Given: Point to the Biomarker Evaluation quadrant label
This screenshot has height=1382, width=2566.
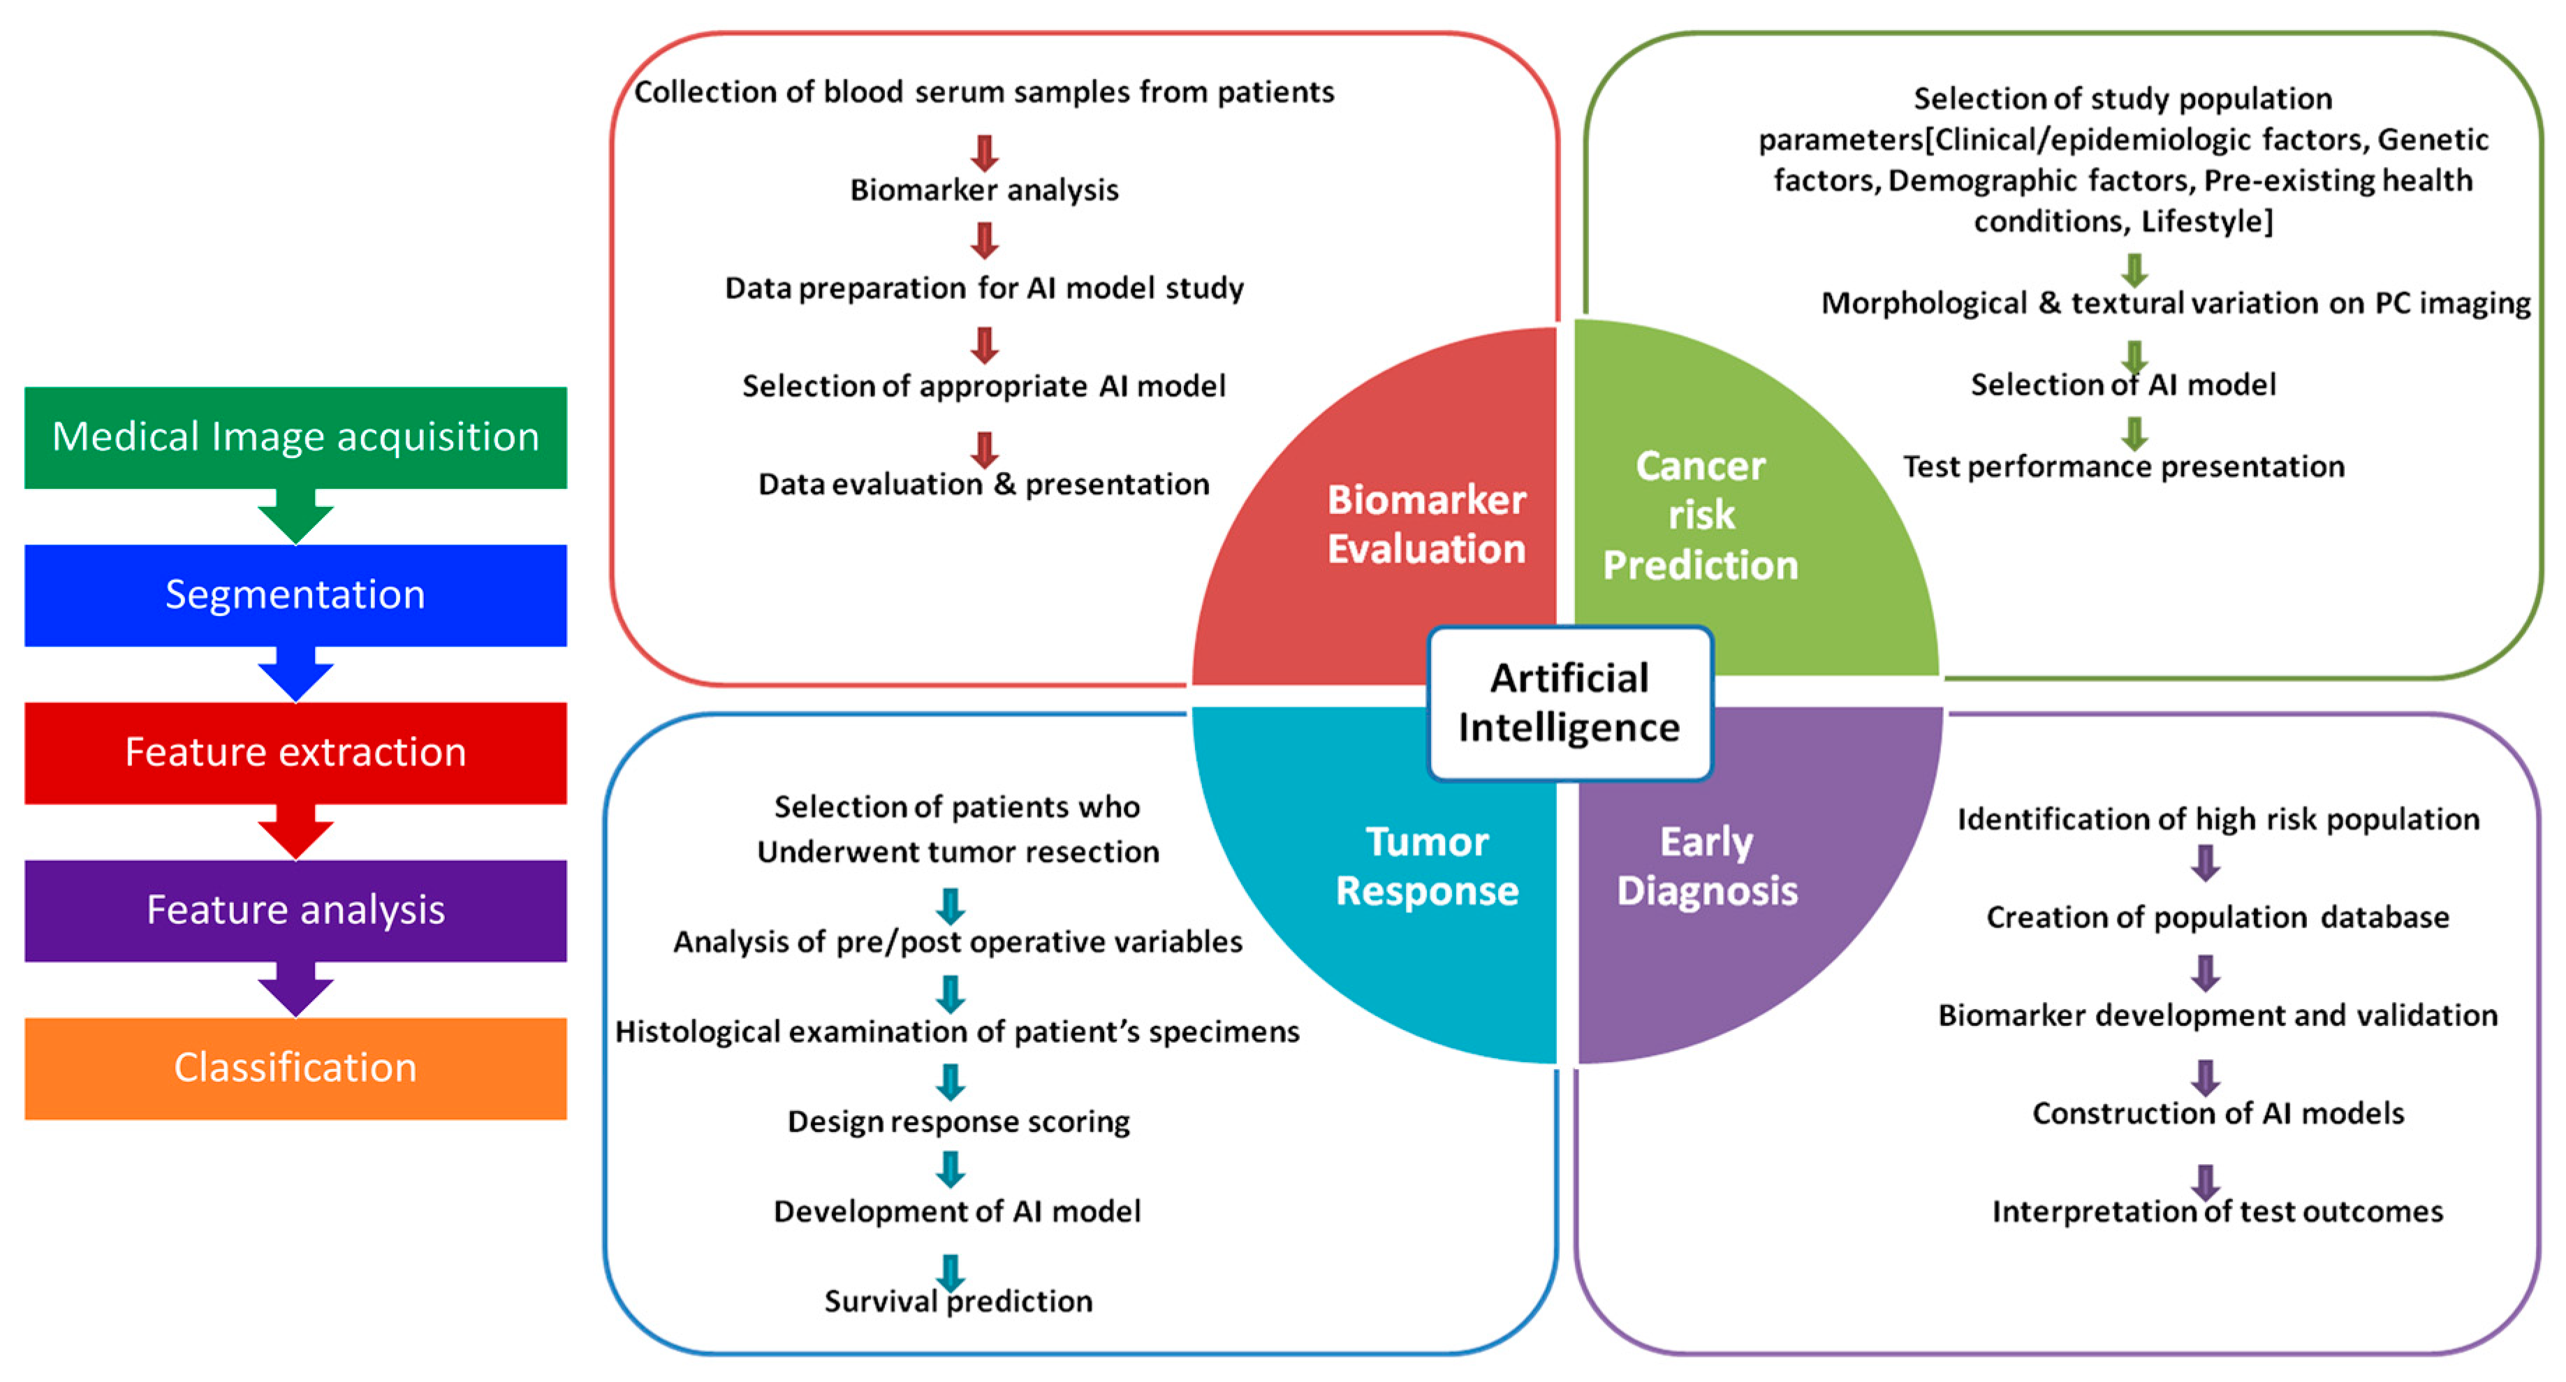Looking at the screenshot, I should [1425, 524].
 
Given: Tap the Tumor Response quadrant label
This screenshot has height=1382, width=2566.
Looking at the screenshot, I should [1426, 866].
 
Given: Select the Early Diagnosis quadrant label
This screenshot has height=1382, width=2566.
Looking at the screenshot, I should [1706, 866].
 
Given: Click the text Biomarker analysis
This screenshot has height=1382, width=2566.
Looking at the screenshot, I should [983, 189].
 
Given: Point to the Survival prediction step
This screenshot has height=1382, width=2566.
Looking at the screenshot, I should [958, 1302].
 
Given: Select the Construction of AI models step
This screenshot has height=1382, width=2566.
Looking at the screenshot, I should [2217, 1113].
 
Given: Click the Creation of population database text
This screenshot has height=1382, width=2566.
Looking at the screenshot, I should [2217, 917].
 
